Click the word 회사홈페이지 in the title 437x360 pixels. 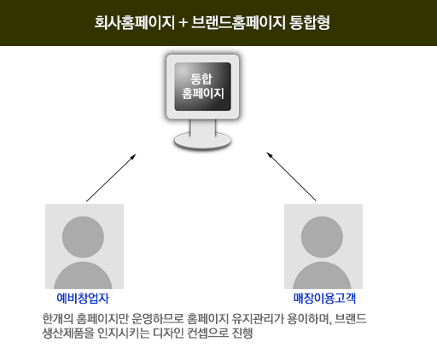134,22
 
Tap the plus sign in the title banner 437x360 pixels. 184,23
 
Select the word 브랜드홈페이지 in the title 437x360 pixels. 238,22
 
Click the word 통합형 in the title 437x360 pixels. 310,22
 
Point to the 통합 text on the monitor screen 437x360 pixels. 201,78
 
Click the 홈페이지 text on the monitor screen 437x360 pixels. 203,93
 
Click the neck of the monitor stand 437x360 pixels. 203,127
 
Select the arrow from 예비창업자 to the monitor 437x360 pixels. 111,178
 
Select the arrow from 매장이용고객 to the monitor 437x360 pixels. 291,177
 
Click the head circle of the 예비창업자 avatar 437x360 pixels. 83,237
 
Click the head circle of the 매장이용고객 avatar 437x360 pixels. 322,237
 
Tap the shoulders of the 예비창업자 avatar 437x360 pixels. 83,276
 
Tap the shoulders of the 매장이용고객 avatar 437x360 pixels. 322,276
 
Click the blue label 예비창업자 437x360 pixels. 83,299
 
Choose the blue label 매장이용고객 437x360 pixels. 324,299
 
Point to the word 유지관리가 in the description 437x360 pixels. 258,319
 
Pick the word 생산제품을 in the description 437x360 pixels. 67,333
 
